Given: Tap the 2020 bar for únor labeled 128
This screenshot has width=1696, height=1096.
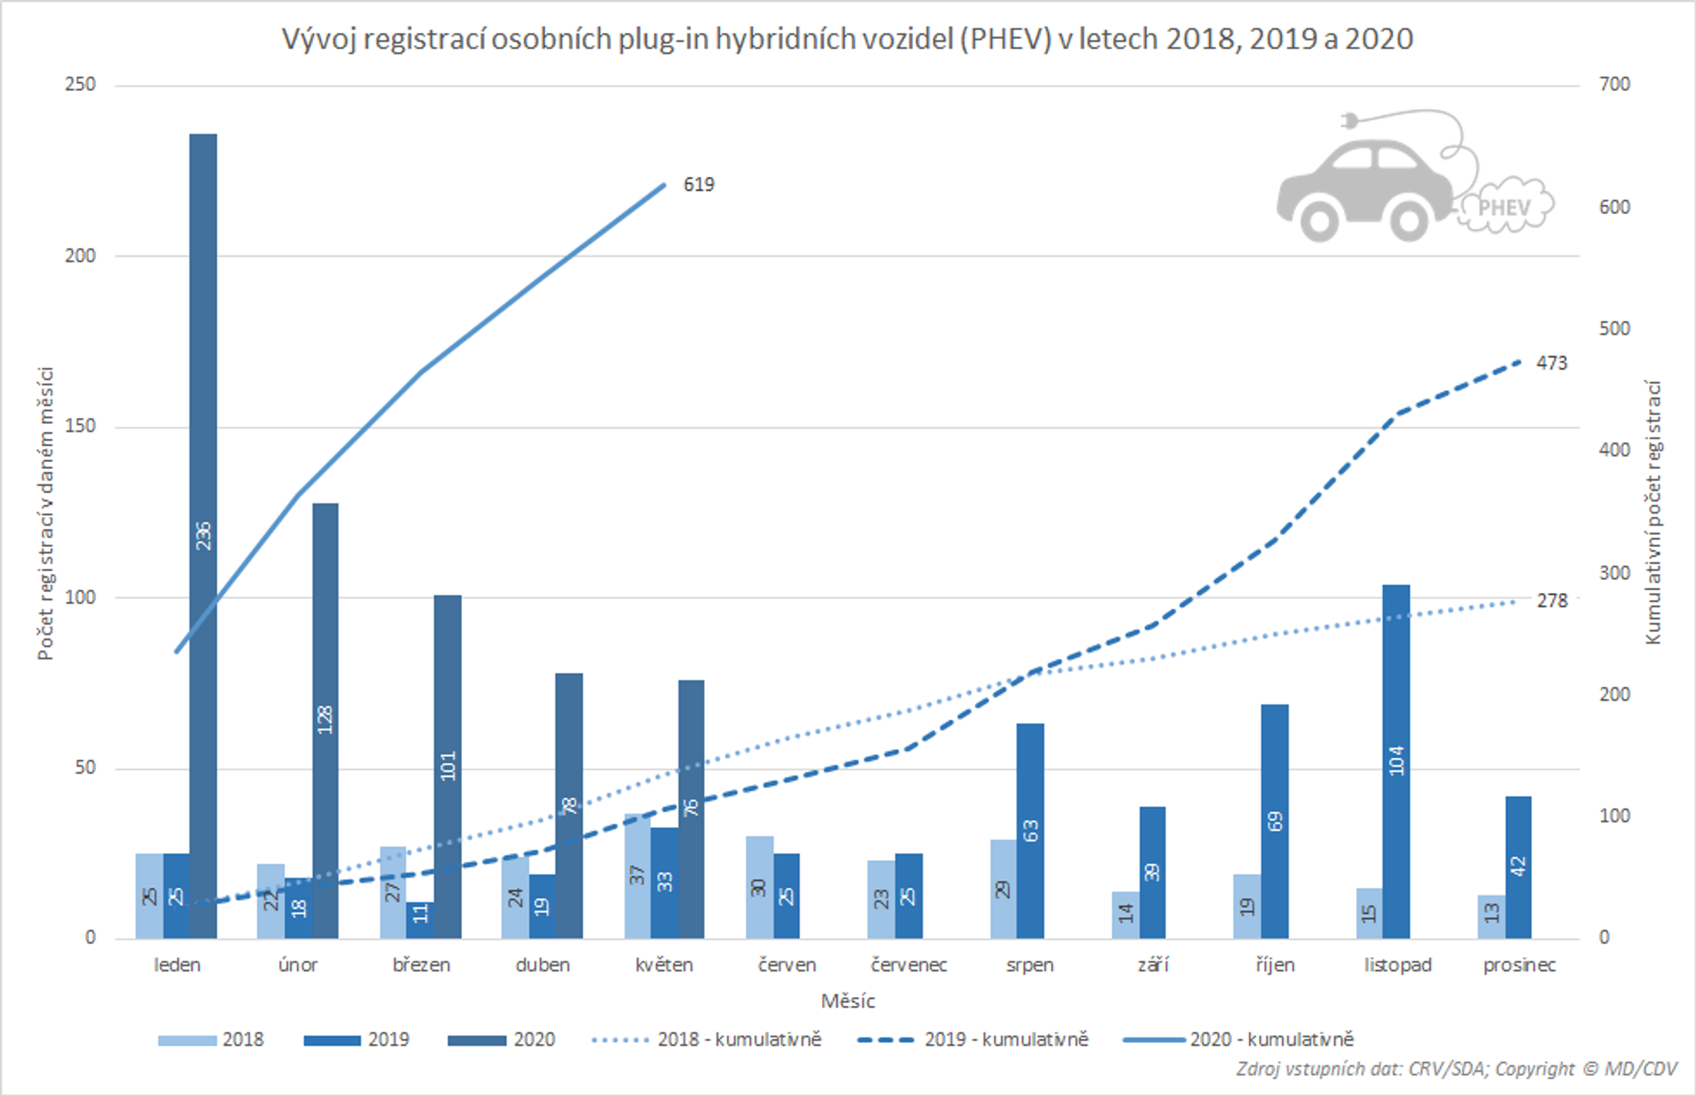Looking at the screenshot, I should [324, 719].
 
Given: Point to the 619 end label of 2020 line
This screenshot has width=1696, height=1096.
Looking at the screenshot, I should [698, 184].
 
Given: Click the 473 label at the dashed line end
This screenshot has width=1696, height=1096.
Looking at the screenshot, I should [1552, 363].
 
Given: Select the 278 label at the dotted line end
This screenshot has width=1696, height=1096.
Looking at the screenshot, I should [1552, 601].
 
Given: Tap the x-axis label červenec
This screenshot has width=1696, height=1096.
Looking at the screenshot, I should [909, 965].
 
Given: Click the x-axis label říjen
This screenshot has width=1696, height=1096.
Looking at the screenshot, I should [1275, 965].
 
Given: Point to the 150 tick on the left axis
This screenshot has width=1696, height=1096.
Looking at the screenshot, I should [80, 425].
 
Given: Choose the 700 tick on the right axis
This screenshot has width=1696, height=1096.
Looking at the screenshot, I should [1614, 84].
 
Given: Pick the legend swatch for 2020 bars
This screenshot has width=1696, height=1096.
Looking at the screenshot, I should [476, 1040].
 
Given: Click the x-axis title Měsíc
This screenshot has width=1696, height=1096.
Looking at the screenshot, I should [847, 1001].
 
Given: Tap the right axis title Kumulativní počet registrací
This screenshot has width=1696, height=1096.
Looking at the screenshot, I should [1653, 512].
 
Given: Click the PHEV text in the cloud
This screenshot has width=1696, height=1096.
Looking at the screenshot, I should [1504, 208].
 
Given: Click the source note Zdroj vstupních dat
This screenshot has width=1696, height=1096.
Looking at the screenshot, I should [1456, 1069].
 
